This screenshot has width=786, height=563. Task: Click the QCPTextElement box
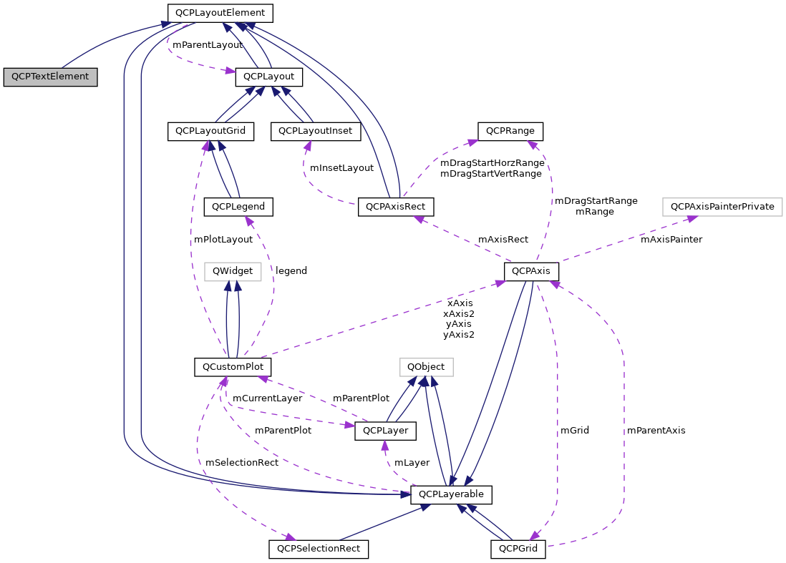[x=50, y=77]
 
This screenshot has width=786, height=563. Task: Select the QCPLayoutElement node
[x=220, y=13]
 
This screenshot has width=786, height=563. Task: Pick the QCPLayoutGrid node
[x=210, y=132]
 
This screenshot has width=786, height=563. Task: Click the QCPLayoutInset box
[x=316, y=132]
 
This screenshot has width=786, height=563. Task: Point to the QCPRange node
[x=510, y=132]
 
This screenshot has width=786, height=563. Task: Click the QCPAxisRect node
[x=396, y=207]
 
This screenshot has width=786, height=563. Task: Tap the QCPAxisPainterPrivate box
[x=722, y=207]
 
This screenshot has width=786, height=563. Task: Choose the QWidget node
[x=233, y=271]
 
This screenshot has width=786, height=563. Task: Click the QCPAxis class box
[x=531, y=272]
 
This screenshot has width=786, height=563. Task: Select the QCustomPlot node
[x=233, y=367]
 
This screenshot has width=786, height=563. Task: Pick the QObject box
[x=426, y=367]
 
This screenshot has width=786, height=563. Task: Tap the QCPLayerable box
[x=451, y=494]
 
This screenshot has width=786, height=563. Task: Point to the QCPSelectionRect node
[x=319, y=549]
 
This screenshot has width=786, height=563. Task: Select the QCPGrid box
[x=518, y=549]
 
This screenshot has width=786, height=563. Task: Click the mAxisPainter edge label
[x=671, y=240]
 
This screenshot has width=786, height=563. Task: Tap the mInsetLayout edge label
[x=341, y=168]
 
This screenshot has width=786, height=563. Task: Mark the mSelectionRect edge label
[x=242, y=463]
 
